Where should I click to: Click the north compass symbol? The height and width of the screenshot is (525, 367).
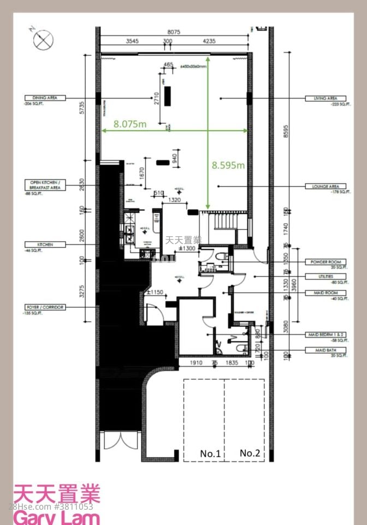click(42, 40)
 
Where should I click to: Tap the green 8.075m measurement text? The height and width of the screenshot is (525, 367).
click(130, 124)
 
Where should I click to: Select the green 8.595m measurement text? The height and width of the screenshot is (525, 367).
click(228, 165)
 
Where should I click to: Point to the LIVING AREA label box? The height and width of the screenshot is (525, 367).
click(325, 98)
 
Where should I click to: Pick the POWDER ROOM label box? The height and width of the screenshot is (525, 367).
click(326, 262)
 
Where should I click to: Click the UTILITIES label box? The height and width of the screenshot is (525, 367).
click(326, 277)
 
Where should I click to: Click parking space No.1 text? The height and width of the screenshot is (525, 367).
click(210, 453)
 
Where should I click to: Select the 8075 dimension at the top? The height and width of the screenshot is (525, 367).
click(174, 32)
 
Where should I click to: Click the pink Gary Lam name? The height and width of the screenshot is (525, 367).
click(57, 516)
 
